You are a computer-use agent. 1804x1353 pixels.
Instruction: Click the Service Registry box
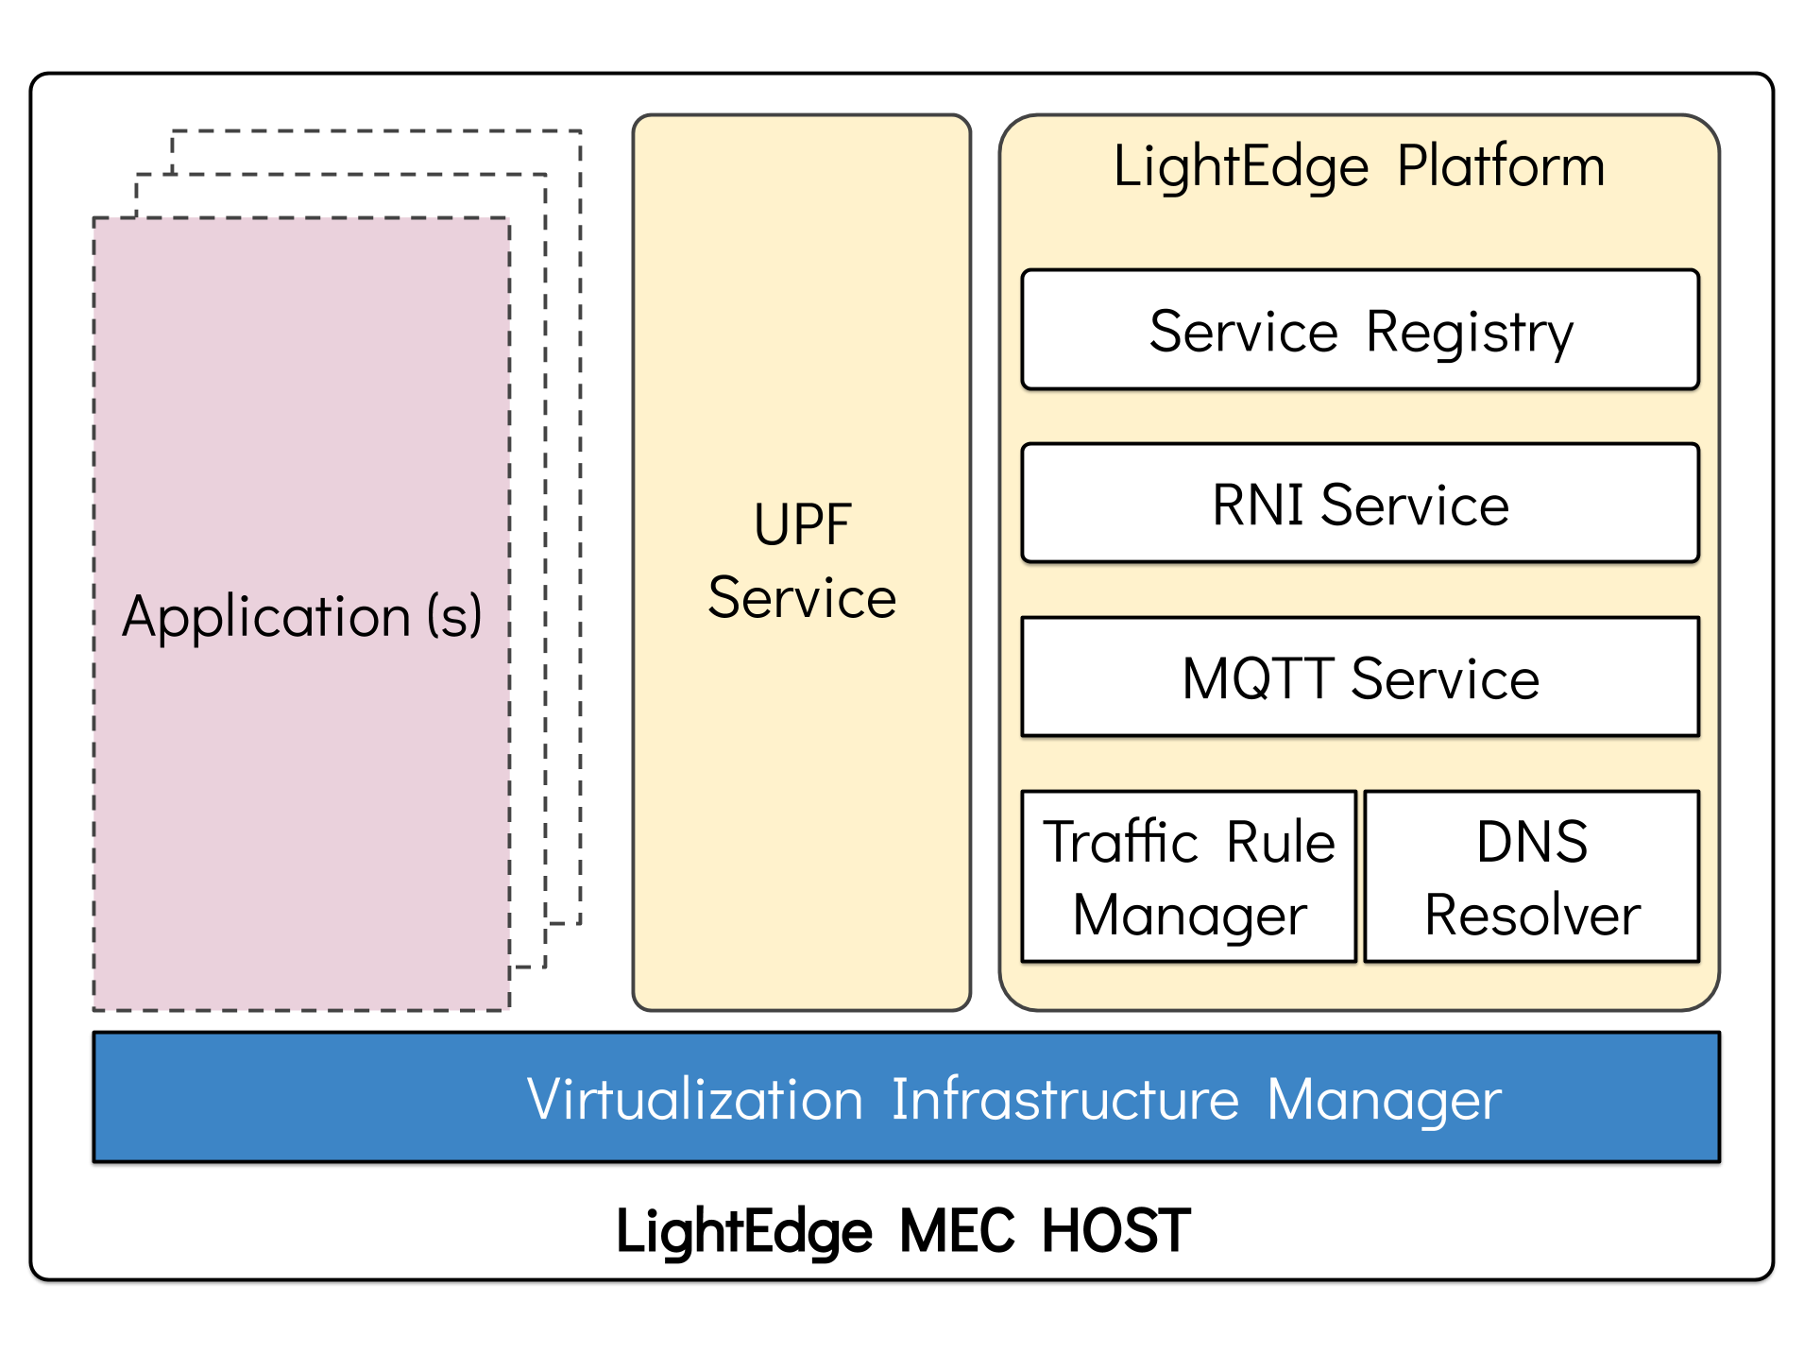point(1360,330)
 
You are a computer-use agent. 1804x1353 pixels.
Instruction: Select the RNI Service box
point(1360,504)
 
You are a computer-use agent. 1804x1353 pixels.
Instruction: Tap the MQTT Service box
point(1360,677)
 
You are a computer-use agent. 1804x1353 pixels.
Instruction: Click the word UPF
point(802,524)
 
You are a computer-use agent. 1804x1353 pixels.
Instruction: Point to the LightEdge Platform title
point(1359,166)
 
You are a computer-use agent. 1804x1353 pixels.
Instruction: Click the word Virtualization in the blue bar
point(695,1099)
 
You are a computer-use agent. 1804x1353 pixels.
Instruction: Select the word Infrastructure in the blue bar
point(1064,1099)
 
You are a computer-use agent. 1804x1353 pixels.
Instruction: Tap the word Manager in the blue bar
point(1384,1101)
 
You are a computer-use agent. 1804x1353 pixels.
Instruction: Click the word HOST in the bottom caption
point(1115,1230)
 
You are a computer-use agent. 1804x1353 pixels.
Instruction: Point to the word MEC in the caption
point(957,1230)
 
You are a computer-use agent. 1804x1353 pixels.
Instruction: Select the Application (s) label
point(302,617)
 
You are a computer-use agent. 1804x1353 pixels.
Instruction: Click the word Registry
point(1470,333)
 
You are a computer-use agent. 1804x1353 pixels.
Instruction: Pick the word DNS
point(1532,841)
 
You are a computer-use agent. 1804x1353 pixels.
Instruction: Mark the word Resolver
point(1532,915)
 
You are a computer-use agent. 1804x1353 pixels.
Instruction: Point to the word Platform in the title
point(1500,166)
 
